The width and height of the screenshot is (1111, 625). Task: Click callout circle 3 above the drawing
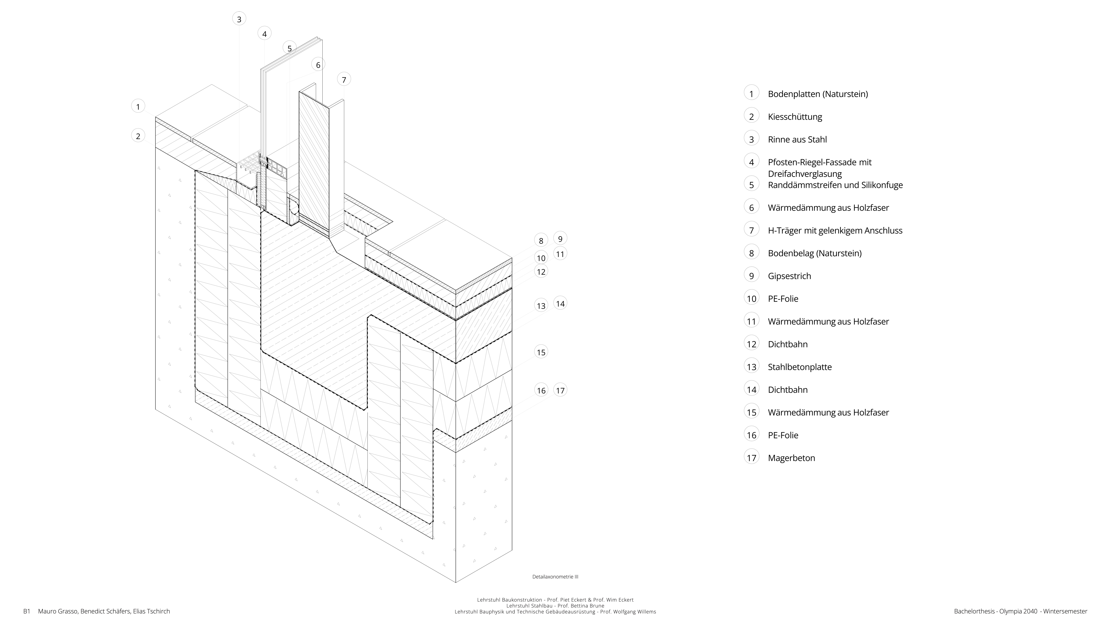[239, 19]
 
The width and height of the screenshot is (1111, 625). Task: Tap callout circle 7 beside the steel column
[344, 79]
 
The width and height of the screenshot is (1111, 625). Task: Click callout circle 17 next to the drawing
[560, 390]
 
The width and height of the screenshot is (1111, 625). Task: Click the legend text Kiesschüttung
[795, 117]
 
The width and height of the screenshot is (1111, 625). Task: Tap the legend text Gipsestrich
[789, 276]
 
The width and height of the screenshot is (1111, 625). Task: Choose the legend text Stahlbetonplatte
[800, 367]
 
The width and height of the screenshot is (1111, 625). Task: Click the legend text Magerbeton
[791, 458]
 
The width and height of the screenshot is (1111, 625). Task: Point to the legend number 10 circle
[751, 298]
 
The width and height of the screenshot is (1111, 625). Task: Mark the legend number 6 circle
[751, 207]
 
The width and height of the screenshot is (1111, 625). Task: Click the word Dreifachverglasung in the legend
[805, 174]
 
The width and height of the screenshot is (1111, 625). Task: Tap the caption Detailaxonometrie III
[555, 577]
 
